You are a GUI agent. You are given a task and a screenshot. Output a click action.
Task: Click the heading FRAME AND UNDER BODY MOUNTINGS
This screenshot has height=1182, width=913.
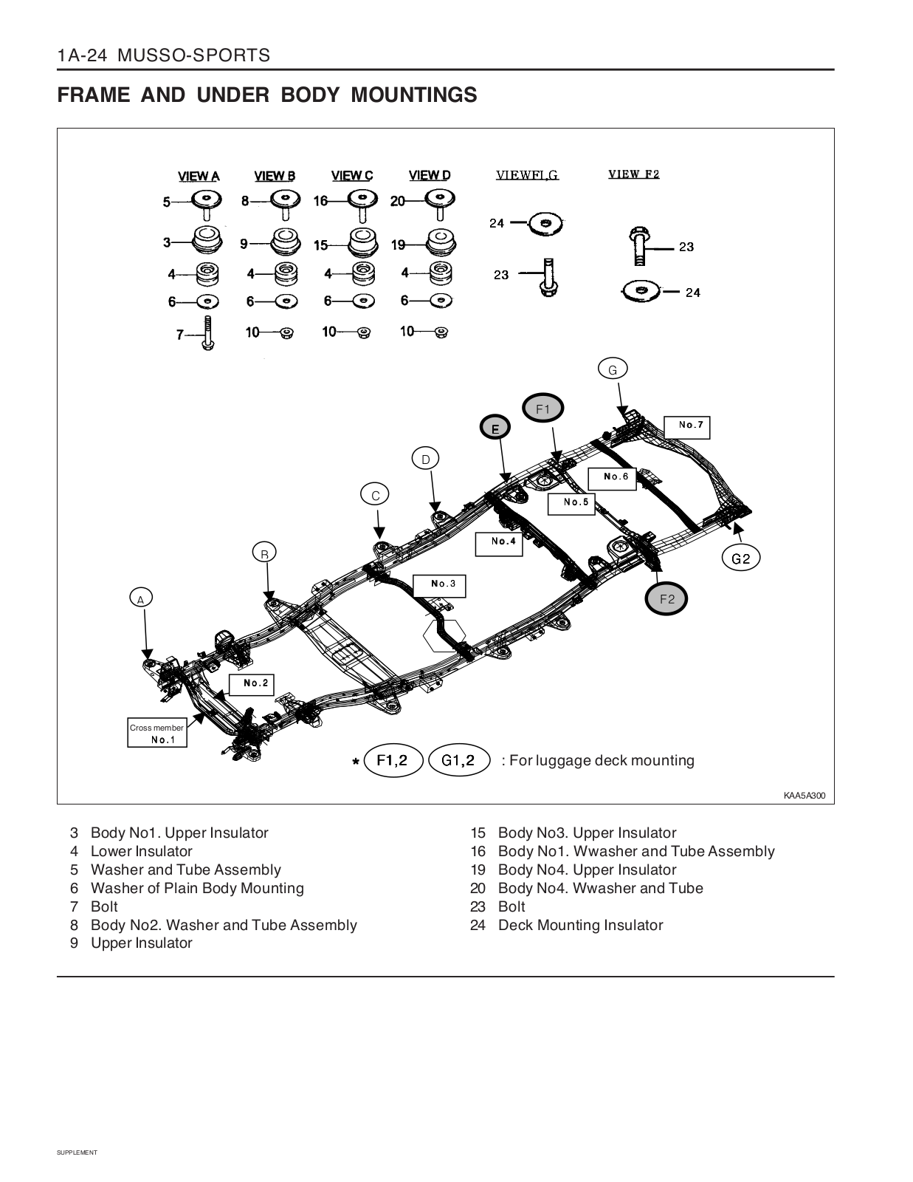coord(267,95)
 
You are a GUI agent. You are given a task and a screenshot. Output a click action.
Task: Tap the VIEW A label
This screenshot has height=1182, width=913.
coord(199,177)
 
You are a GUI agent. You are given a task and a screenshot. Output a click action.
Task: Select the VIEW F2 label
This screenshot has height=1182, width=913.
coord(633,174)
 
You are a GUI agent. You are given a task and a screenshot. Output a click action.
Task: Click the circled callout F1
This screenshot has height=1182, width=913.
coord(543,409)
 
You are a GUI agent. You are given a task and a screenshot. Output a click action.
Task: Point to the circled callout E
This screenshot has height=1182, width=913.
coord(496,428)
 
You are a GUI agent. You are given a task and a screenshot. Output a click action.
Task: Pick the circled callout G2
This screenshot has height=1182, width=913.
coord(740,558)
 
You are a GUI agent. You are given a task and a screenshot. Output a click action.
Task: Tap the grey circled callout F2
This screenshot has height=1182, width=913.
coord(666,599)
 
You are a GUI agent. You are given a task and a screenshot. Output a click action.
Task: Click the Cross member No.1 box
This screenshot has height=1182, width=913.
coord(157,734)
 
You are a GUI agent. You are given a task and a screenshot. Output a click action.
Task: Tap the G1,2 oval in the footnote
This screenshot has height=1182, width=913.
coord(458,760)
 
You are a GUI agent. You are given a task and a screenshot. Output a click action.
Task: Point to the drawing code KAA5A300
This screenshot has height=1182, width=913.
coord(805,796)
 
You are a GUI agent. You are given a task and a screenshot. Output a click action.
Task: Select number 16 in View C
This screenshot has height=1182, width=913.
coord(320,201)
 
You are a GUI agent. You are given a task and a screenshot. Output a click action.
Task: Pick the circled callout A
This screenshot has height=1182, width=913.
coord(140,599)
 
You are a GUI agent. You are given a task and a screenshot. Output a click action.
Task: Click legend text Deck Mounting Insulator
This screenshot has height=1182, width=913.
coord(580,925)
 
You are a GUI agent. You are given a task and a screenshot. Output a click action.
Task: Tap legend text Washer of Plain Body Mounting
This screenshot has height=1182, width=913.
coord(197,888)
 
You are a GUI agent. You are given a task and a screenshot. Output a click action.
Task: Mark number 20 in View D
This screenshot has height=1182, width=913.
coord(397,201)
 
